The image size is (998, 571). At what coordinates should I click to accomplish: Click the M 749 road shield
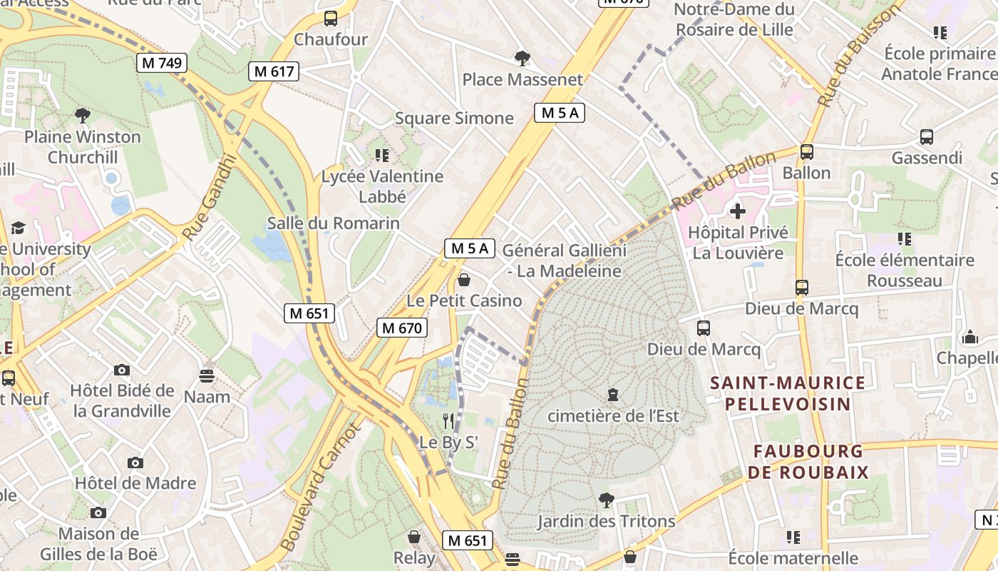pyautogui.click(x=162, y=63)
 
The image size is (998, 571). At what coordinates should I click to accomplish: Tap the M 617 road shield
pyautogui.click(x=274, y=71)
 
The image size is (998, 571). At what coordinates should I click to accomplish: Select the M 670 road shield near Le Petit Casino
pyautogui.click(x=402, y=328)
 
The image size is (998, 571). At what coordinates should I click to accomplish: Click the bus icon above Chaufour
pyautogui.click(x=331, y=19)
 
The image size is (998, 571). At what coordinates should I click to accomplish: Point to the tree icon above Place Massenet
pyautogui.click(x=523, y=59)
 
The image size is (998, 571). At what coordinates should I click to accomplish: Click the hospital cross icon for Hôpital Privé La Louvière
pyautogui.click(x=738, y=211)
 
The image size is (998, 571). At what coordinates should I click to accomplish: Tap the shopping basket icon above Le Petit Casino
pyautogui.click(x=464, y=280)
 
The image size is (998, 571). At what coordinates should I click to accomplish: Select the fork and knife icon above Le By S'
pyautogui.click(x=448, y=421)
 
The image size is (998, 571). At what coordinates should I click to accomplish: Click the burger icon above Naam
pyautogui.click(x=207, y=375)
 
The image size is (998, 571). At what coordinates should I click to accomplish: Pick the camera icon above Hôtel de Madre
pyautogui.click(x=135, y=463)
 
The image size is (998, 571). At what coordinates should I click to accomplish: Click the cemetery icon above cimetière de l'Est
pyautogui.click(x=612, y=394)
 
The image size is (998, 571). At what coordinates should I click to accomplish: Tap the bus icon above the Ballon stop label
pyautogui.click(x=807, y=152)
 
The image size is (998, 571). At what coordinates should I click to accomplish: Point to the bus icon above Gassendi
pyautogui.click(x=927, y=137)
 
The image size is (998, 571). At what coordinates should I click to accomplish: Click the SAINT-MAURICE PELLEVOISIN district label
pyautogui.click(x=788, y=393)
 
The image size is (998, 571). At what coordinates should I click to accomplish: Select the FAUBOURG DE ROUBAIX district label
pyautogui.click(x=808, y=462)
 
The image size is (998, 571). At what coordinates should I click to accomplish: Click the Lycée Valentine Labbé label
pyautogui.click(x=382, y=186)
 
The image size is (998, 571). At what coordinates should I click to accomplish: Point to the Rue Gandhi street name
pyautogui.click(x=208, y=198)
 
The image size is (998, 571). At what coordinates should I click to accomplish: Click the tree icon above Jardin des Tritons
pyautogui.click(x=607, y=500)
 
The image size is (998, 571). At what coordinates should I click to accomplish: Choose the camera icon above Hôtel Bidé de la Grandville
pyautogui.click(x=122, y=370)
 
